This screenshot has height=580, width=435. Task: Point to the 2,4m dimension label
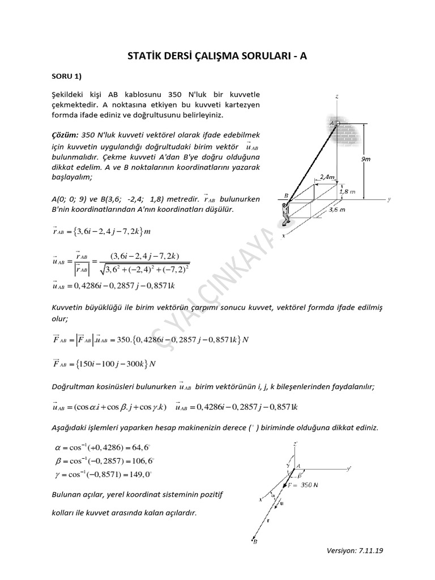click(328, 177)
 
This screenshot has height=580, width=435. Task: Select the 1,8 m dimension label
click(348, 191)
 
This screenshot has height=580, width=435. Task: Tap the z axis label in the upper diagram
click(337, 97)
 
